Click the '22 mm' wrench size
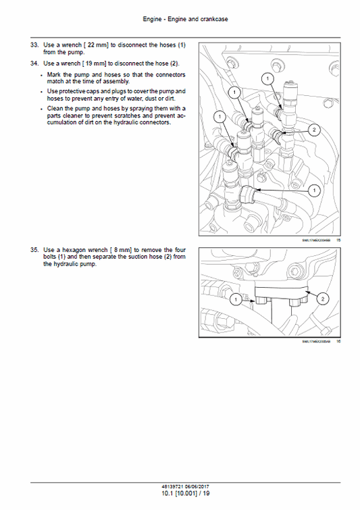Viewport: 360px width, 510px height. pos(97,45)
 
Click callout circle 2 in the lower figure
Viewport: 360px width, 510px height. pos(322,298)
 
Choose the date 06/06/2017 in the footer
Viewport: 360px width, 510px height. pos(197,486)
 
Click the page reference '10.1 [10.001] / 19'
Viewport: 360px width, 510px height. pos(180,494)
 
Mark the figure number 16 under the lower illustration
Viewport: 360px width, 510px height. pos(338,342)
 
